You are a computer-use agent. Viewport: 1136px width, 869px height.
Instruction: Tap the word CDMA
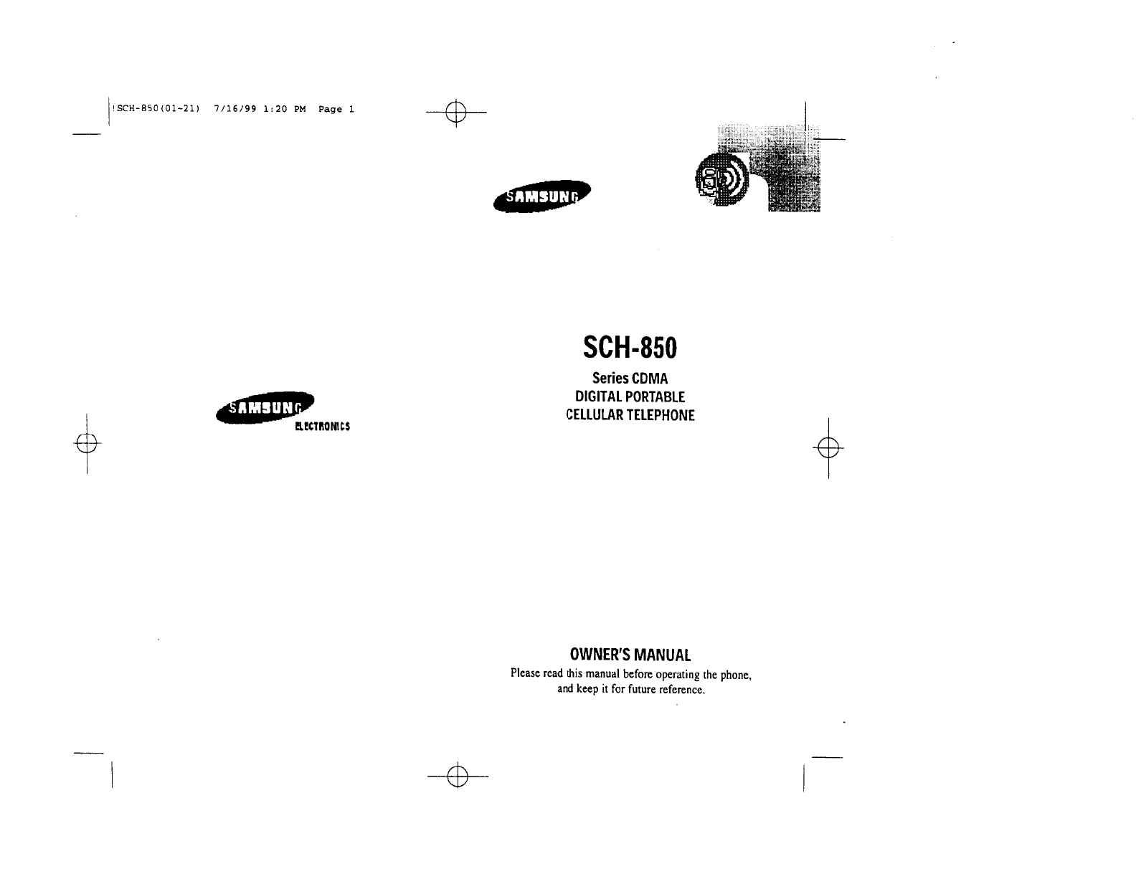(649, 379)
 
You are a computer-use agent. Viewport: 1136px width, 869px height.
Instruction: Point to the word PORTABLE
(655, 396)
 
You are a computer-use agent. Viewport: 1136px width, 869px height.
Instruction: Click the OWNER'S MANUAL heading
(630, 655)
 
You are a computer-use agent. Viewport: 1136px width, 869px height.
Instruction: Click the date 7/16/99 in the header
(235, 109)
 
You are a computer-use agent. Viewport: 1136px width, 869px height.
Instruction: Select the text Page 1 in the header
(336, 109)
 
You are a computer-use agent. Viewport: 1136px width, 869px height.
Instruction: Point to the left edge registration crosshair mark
(87, 445)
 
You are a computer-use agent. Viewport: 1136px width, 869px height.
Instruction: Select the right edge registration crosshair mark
(828, 448)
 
